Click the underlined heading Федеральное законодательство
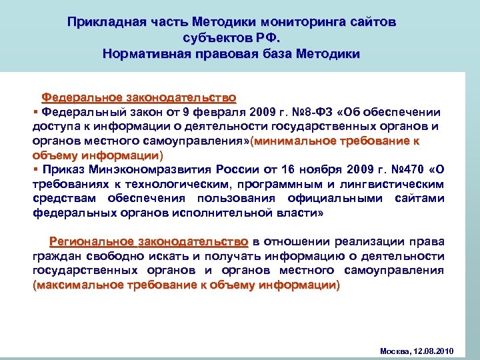(139, 97)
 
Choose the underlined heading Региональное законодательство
(148, 241)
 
